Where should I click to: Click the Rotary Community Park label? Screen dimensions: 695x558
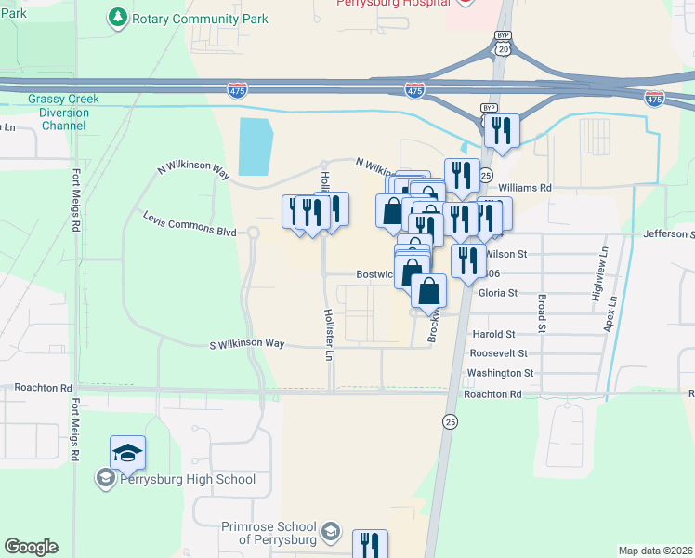point(200,19)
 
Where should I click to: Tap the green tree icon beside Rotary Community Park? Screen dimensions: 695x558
point(118,18)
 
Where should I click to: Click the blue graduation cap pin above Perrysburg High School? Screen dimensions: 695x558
point(127,453)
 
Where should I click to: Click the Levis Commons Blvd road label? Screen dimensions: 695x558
point(190,222)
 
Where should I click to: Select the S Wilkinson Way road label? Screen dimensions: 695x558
point(246,344)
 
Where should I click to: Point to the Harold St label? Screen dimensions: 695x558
point(492,334)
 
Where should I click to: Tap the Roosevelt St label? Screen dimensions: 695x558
point(498,353)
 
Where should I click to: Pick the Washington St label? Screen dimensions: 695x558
point(501,373)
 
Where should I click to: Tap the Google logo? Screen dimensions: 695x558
point(31,547)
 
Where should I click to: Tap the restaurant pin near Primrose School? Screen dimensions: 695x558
point(370,545)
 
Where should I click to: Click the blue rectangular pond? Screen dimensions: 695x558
point(256,146)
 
